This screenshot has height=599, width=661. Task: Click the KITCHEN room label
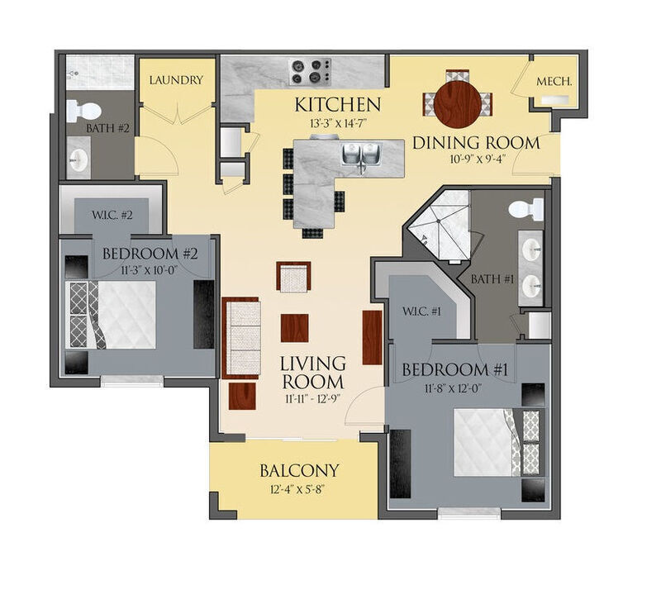tap(338, 105)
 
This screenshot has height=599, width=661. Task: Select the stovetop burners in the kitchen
tap(309, 71)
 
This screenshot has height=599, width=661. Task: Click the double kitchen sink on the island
tap(361, 155)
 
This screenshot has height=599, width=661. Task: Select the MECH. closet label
tap(555, 83)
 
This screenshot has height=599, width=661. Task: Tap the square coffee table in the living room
tap(295, 327)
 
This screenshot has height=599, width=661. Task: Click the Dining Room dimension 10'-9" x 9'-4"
tap(475, 161)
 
